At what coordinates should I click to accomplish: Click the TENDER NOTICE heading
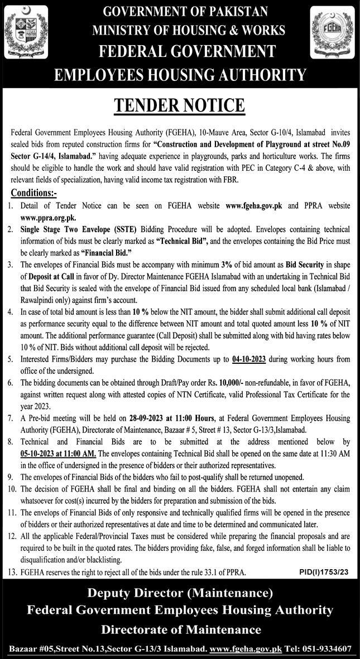180,105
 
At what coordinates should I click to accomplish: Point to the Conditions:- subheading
34,193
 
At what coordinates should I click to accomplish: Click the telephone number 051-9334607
324,649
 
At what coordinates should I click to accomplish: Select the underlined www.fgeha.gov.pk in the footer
245,649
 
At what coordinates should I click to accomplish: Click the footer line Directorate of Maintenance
181,630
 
